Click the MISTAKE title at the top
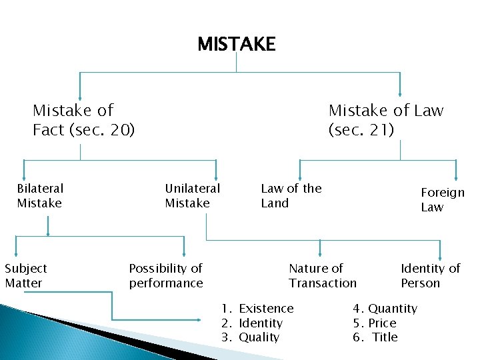pyautogui.click(x=236, y=45)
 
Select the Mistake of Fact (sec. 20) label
pyautogui.click(x=83, y=119)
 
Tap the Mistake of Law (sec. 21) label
pyautogui.click(x=385, y=119)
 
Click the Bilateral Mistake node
pyautogui.click(x=40, y=196)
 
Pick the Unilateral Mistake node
pyautogui.click(x=192, y=196)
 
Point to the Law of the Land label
pyautogui.click(x=291, y=196)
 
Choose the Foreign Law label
pyautogui.click(x=442, y=199)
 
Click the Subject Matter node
pyautogui.click(x=25, y=275)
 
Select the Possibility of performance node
pyautogui.click(x=165, y=275)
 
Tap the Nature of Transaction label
pyautogui.click(x=322, y=275)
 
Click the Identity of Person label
pyautogui.click(x=430, y=275)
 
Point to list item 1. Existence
pyautogui.click(x=257, y=308)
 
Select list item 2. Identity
pyautogui.click(x=252, y=323)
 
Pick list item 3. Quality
pyautogui.click(x=251, y=337)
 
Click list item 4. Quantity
pyautogui.click(x=385, y=308)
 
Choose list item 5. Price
pyautogui.click(x=375, y=323)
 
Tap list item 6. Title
pyautogui.click(x=375, y=337)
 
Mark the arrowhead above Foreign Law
pyautogui.click(x=456, y=177)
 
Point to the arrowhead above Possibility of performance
pyautogui.click(x=184, y=251)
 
